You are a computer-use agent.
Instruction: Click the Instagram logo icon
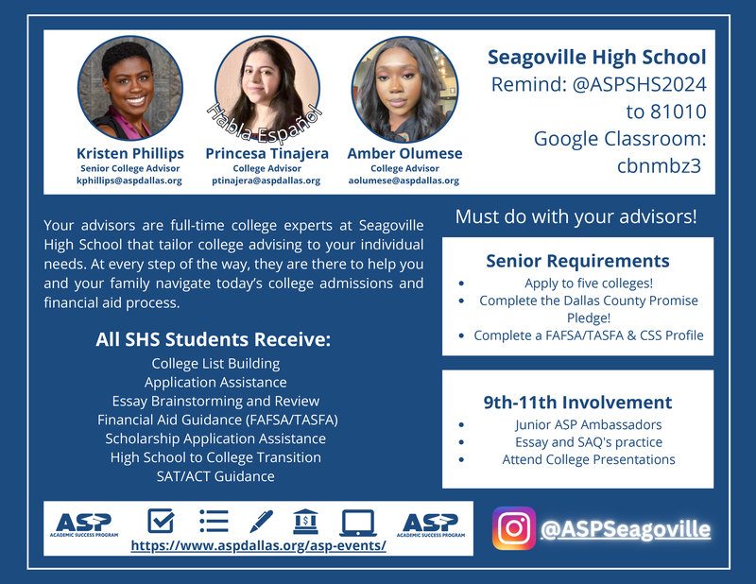click(514, 528)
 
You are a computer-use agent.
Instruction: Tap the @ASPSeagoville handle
click(626, 529)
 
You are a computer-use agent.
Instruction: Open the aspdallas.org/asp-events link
click(258, 545)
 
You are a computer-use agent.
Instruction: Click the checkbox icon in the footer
click(161, 521)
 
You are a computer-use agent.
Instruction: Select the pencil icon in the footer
click(262, 522)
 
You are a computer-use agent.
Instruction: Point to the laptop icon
click(358, 523)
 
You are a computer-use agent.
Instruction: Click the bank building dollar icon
click(305, 522)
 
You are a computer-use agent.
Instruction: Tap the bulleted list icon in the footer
click(215, 521)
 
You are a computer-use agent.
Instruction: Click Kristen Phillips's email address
click(129, 180)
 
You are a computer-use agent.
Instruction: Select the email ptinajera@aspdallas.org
click(266, 180)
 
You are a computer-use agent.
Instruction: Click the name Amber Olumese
click(405, 153)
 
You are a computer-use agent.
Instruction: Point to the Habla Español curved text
click(264, 126)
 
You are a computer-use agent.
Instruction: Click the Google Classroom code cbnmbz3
click(659, 165)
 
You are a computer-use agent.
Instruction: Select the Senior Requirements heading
click(577, 261)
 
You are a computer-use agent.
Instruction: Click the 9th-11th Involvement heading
click(577, 402)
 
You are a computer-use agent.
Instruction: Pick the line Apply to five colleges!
click(589, 283)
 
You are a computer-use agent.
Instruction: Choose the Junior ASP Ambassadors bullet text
click(588, 424)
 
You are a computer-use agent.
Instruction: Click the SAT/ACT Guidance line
click(215, 476)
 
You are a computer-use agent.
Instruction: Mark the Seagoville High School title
click(597, 57)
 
